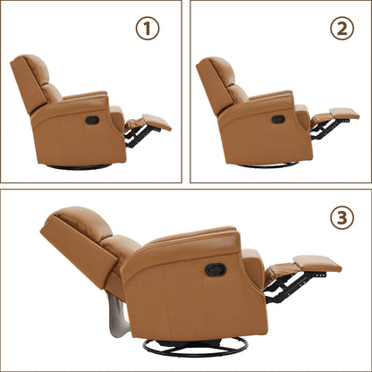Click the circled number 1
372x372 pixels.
click(x=148, y=28)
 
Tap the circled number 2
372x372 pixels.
click(x=342, y=28)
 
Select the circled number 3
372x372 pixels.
click(x=342, y=217)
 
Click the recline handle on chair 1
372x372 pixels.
click(x=91, y=120)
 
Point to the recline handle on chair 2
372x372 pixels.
click(x=277, y=119)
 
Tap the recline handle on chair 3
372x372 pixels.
click(x=215, y=269)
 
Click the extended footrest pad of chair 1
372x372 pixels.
click(x=156, y=121)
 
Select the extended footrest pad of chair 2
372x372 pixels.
click(x=343, y=114)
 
